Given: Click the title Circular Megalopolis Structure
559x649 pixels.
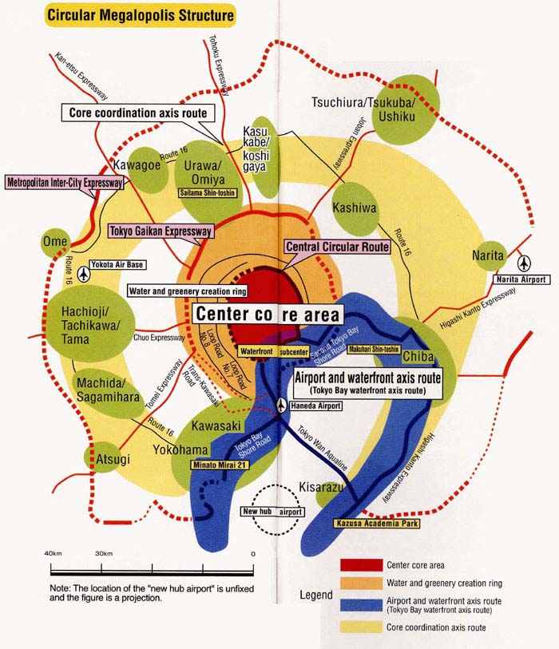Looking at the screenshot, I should (141, 14).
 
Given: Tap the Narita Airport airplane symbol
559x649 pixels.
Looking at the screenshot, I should (525, 263).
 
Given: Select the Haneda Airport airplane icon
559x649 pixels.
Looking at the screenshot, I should (281, 406).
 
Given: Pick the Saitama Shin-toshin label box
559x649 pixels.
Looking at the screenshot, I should (206, 192).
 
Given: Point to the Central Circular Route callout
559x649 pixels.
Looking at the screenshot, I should (338, 247).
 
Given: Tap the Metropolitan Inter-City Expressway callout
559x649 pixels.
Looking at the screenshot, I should (65, 182).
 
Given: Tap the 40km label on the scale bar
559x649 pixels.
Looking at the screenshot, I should (53, 554).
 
